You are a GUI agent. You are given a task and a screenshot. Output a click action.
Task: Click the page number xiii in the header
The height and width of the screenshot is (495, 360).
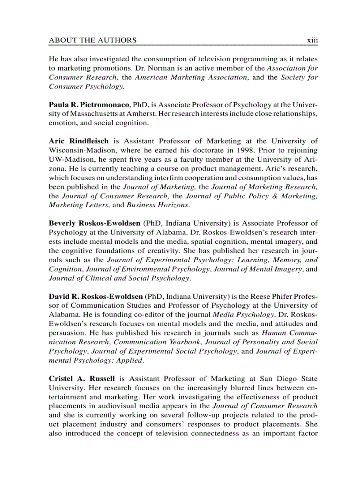tap(312, 41)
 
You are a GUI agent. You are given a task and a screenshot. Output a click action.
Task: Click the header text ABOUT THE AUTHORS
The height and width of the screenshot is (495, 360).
tap(93, 41)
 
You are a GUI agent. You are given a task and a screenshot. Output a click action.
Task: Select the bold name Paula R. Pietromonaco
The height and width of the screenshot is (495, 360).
tap(89, 104)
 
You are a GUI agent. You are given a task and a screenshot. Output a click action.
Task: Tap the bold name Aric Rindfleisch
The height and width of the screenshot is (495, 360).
tap(78, 141)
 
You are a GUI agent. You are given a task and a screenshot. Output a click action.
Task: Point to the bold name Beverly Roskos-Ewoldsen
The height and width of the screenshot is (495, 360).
tap(95, 223)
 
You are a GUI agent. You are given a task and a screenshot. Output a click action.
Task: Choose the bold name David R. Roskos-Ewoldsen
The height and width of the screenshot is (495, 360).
tap(95, 296)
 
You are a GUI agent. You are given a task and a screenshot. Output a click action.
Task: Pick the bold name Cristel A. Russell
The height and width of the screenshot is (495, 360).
tap(82, 378)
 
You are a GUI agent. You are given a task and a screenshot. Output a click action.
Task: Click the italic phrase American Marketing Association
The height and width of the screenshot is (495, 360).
tap(191, 77)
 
